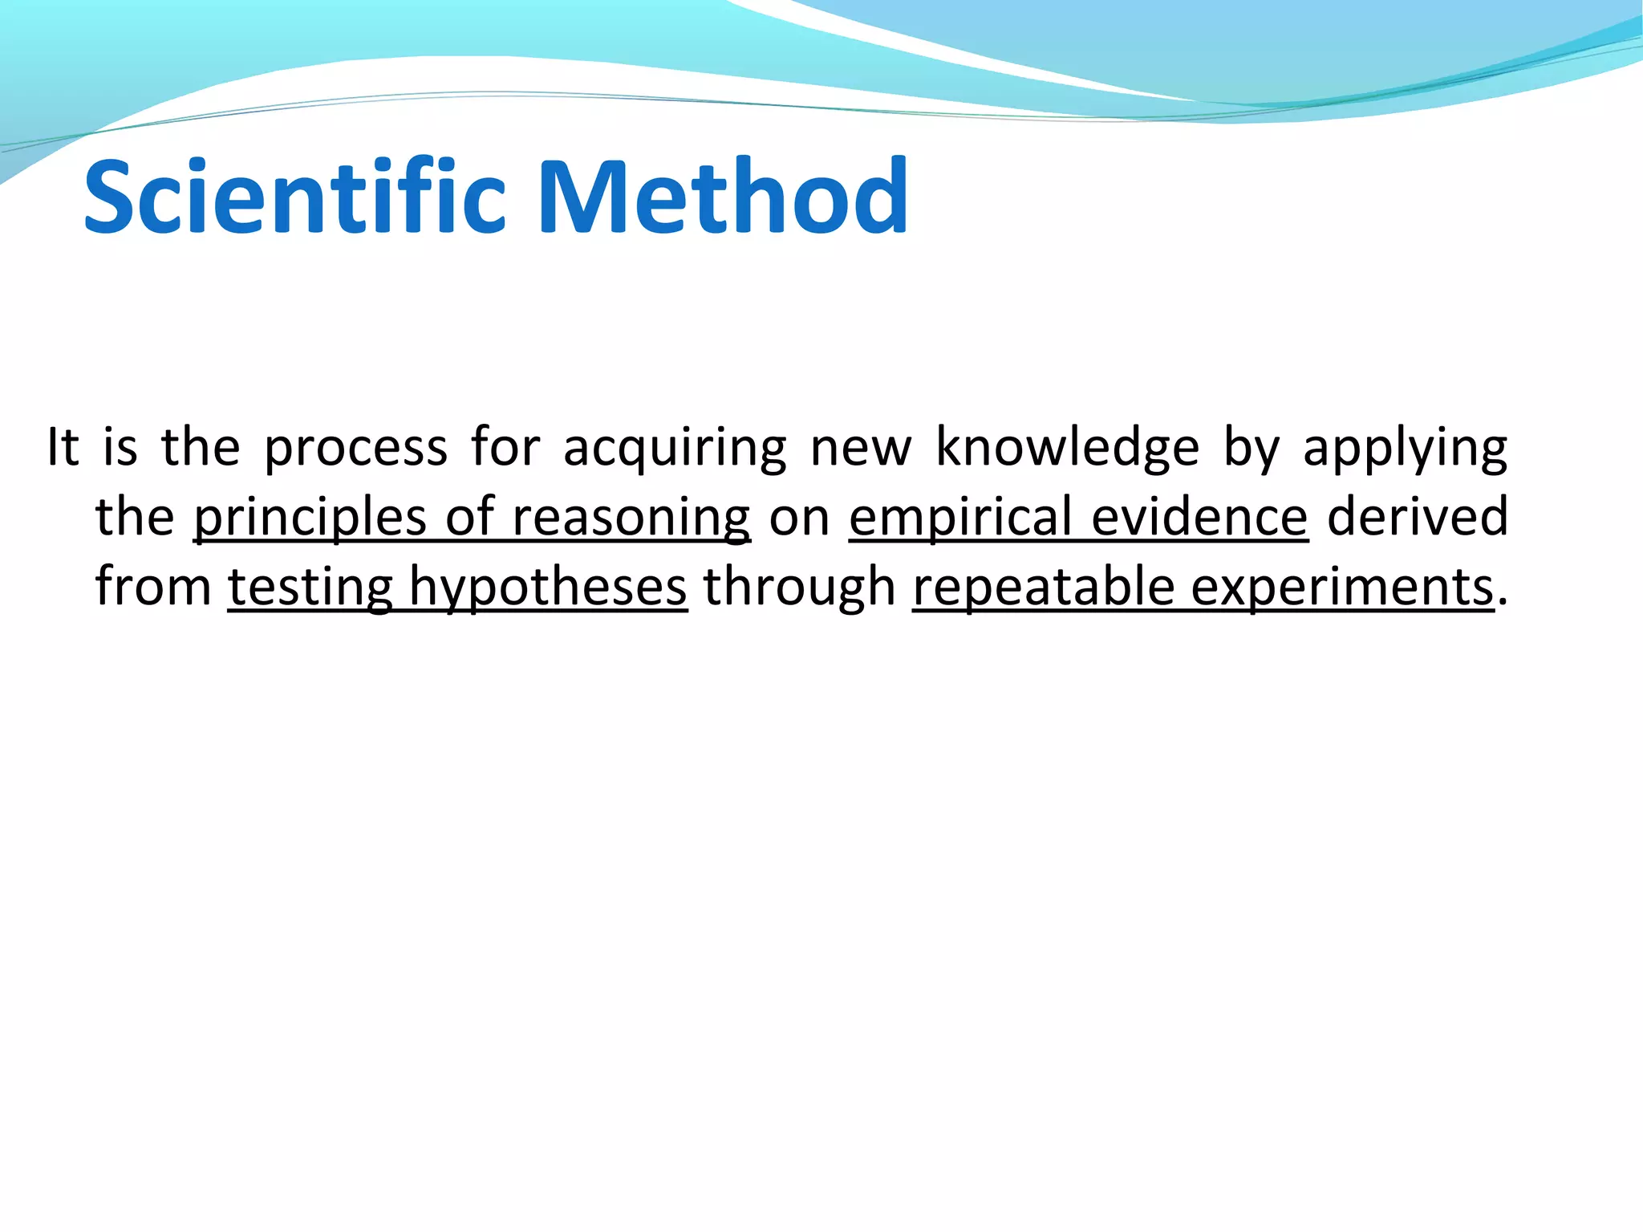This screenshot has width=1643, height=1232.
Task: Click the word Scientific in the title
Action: [294, 197]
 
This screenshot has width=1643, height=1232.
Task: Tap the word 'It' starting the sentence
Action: [63, 447]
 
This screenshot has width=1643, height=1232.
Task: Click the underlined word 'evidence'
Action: [1199, 517]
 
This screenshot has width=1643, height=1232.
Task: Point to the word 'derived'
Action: [1417, 517]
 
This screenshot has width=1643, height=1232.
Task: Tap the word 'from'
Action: [153, 587]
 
